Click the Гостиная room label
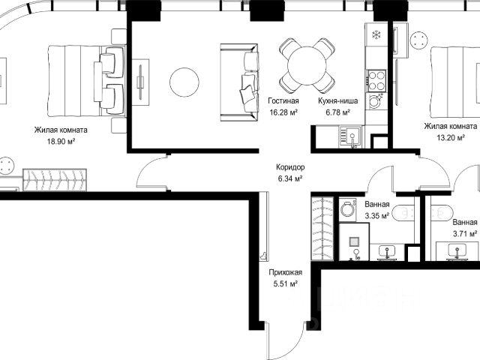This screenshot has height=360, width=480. click(x=283, y=100)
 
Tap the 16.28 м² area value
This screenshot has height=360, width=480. click(x=283, y=112)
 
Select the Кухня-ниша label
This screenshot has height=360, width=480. click(x=337, y=100)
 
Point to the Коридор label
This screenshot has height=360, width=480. click(x=290, y=167)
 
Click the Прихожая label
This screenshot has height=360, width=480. click(x=285, y=272)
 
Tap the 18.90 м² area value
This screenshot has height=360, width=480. click(x=61, y=142)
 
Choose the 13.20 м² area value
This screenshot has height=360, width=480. click(x=451, y=138)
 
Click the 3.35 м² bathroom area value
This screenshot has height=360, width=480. click(x=376, y=216)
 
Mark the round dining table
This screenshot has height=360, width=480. click(x=307, y=65)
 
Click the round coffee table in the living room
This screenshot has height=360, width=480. click(x=184, y=82)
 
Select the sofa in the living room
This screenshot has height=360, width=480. click(x=239, y=82)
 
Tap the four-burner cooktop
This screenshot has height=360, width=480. click(x=376, y=80)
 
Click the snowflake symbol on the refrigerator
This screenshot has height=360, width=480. click(x=376, y=35)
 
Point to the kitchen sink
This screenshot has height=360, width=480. click(x=351, y=136)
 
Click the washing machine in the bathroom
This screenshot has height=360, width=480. click(x=348, y=210)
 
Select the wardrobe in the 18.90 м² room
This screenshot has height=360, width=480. click(x=55, y=180)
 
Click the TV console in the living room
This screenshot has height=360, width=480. click(x=141, y=82)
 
